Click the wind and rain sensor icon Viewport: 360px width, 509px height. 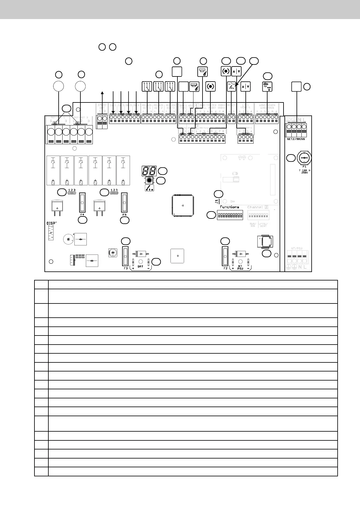click(268, 87)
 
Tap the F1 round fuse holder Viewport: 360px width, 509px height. click(304, 158)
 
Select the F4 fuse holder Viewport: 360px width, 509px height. click(82, 202)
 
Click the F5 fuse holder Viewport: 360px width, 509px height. click(124, 202)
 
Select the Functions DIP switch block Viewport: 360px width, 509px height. click(229, 215)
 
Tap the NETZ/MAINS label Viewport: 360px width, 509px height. click(296, 139)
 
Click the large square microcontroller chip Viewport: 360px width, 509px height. click(183, 206)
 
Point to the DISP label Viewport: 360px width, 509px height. click(51, 223)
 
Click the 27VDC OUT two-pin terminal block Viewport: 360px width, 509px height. click(102, 122)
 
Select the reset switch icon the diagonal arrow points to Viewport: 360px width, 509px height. click(232, 87)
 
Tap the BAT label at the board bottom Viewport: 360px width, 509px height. click(141, 267)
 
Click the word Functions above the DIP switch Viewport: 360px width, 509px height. click(229, 207)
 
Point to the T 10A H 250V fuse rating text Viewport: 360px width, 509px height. click(305, 172)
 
